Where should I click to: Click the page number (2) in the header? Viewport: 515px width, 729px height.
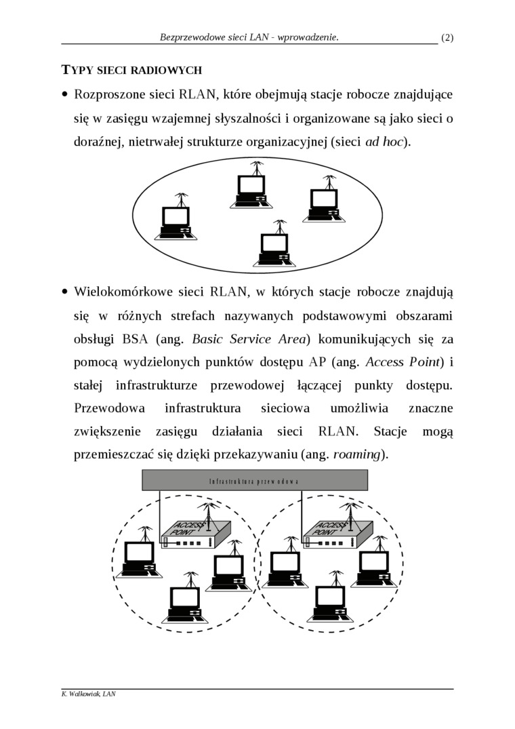tap(447, 38)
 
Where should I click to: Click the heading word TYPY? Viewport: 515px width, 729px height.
tap(77, 70)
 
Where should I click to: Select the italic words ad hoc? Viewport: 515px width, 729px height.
tap(384, 142)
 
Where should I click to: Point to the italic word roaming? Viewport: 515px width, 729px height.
tap(358, 454)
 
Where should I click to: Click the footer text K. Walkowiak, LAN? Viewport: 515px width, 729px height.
tap(88, 694)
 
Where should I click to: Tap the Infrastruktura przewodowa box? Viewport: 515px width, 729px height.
tap(254, 480)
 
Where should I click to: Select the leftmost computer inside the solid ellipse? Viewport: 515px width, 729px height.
tap(176, 221)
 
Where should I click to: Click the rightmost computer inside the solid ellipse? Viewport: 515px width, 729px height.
tap(324, 202)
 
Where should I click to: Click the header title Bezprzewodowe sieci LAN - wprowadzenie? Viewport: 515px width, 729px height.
tap(249, 38)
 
